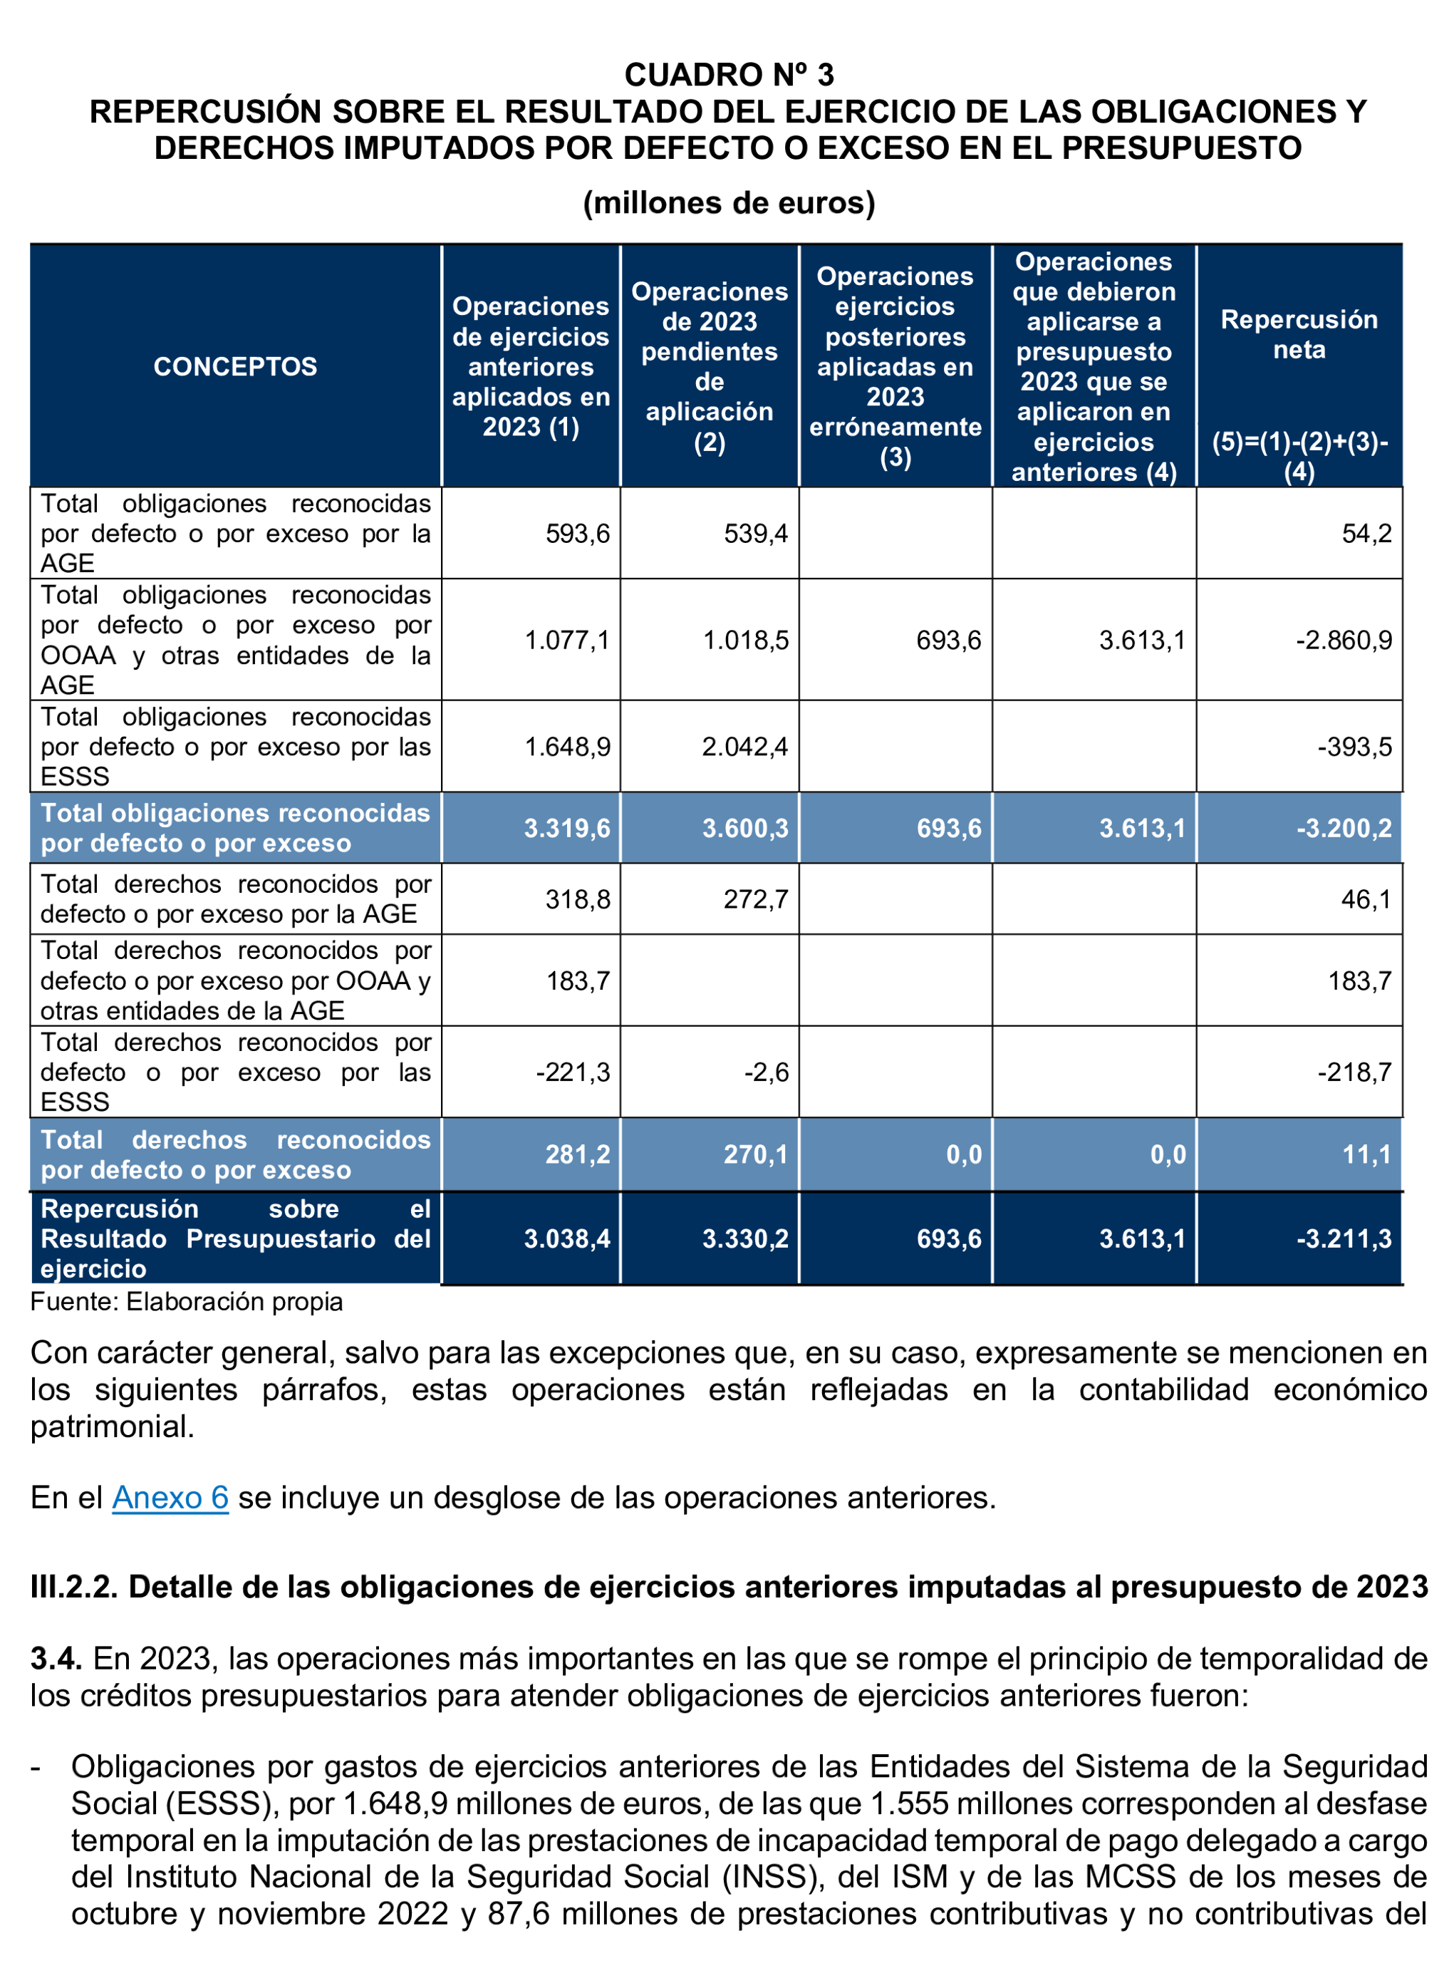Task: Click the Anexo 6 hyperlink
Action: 170,1497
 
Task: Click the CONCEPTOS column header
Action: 235,366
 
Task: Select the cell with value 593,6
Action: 577,534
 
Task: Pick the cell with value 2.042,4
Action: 744,747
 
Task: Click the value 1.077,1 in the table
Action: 567,640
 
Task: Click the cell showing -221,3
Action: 573,1072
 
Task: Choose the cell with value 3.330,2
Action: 744,1238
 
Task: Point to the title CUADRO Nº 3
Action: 729,75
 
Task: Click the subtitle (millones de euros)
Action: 729,203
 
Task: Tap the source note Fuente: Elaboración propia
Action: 187,1301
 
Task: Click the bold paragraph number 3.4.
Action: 56,1659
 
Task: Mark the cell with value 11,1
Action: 1366,1154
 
